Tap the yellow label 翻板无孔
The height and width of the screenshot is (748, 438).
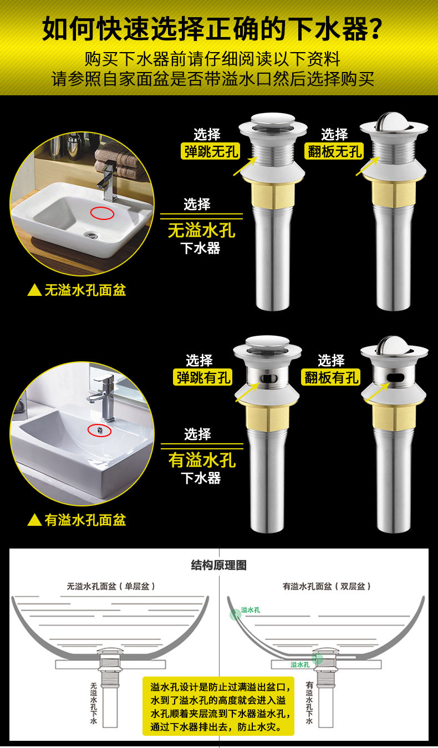point(334,151)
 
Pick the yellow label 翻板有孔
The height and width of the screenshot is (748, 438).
point(331,377)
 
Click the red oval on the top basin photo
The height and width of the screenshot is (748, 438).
point(102,213)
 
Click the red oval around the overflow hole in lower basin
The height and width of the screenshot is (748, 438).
point(99,430)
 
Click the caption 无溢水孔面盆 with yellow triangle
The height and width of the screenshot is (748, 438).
point(77,290)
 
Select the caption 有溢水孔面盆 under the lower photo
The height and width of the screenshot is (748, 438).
point(77,520)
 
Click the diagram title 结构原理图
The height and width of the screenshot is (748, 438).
point(219,565)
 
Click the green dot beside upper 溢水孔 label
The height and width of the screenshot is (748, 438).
point(236,613)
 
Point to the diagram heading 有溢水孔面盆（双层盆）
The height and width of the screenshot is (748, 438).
point(327,586)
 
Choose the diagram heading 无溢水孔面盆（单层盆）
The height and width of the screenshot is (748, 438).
point(111,586)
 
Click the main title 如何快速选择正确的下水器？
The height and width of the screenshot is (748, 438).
point(213,29)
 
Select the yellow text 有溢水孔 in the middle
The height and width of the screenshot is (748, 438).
point(202,459)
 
